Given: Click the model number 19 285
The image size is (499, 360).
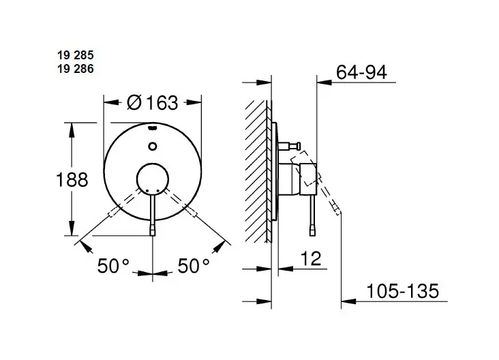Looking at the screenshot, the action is (76, 55).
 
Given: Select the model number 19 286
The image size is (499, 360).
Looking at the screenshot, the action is (76, 69).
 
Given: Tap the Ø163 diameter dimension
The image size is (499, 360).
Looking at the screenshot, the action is (153, 102).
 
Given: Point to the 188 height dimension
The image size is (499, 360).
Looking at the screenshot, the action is (72, 179).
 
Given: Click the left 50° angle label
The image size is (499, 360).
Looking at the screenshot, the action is (113, 266).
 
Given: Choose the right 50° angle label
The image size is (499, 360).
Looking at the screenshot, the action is (194, 266).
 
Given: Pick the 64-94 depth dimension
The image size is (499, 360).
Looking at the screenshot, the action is (361, 72).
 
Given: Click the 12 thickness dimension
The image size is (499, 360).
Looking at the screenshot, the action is (311, 258).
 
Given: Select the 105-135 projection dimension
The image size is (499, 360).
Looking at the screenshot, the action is (403, 290).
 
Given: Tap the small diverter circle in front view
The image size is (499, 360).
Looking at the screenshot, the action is (153, 146).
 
